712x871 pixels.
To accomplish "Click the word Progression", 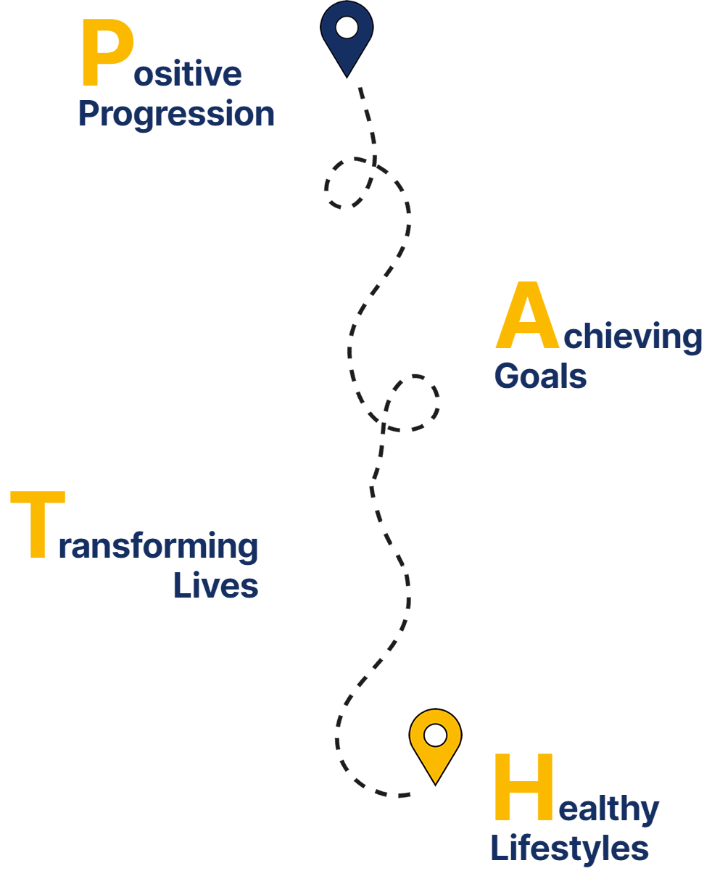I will tap(176, 115).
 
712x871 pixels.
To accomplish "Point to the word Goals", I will tap(540, 376).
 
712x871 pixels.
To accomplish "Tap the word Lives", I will tap(215, 585).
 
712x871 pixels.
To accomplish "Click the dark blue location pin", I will tap(347, 36).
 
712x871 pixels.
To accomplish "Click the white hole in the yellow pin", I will tap(435, 735).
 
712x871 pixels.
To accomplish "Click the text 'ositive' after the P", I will tap(188, 75).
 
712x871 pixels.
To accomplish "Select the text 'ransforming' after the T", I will tap(158, 546).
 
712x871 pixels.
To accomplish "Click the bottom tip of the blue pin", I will tap(347, 76).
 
